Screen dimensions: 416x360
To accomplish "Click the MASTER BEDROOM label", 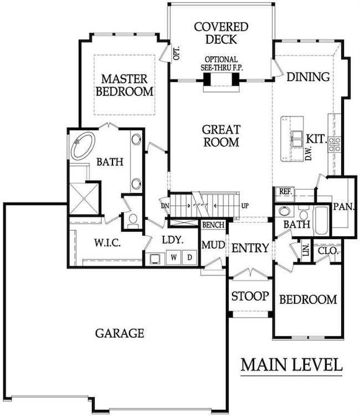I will [124, 85].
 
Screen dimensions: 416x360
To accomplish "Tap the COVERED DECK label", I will [221, 33].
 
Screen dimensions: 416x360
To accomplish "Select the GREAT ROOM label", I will [221, 136].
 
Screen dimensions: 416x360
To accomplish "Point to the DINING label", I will [308, 77].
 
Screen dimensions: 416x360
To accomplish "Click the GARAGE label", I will [120, 333].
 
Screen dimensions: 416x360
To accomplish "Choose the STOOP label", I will [250, 296].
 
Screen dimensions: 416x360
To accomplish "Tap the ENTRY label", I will [250, 248].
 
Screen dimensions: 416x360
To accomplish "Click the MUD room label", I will [212, 245].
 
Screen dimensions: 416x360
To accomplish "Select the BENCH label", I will [213, 225].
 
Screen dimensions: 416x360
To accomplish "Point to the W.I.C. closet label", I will [107, 243].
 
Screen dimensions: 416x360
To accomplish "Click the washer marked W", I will [173, 257].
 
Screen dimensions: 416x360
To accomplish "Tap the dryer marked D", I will [189, 257].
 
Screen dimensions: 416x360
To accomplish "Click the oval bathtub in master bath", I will [83, 145].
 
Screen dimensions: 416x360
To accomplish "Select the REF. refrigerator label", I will [285, 191].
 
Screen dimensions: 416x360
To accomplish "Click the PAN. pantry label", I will [343, 206].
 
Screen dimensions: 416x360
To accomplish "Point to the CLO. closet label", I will [327, 251].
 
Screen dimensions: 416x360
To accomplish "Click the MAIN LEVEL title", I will [291, 365].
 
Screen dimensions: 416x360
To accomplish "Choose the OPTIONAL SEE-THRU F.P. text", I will [221, 63].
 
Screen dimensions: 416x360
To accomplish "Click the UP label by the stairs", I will [244, 206].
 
